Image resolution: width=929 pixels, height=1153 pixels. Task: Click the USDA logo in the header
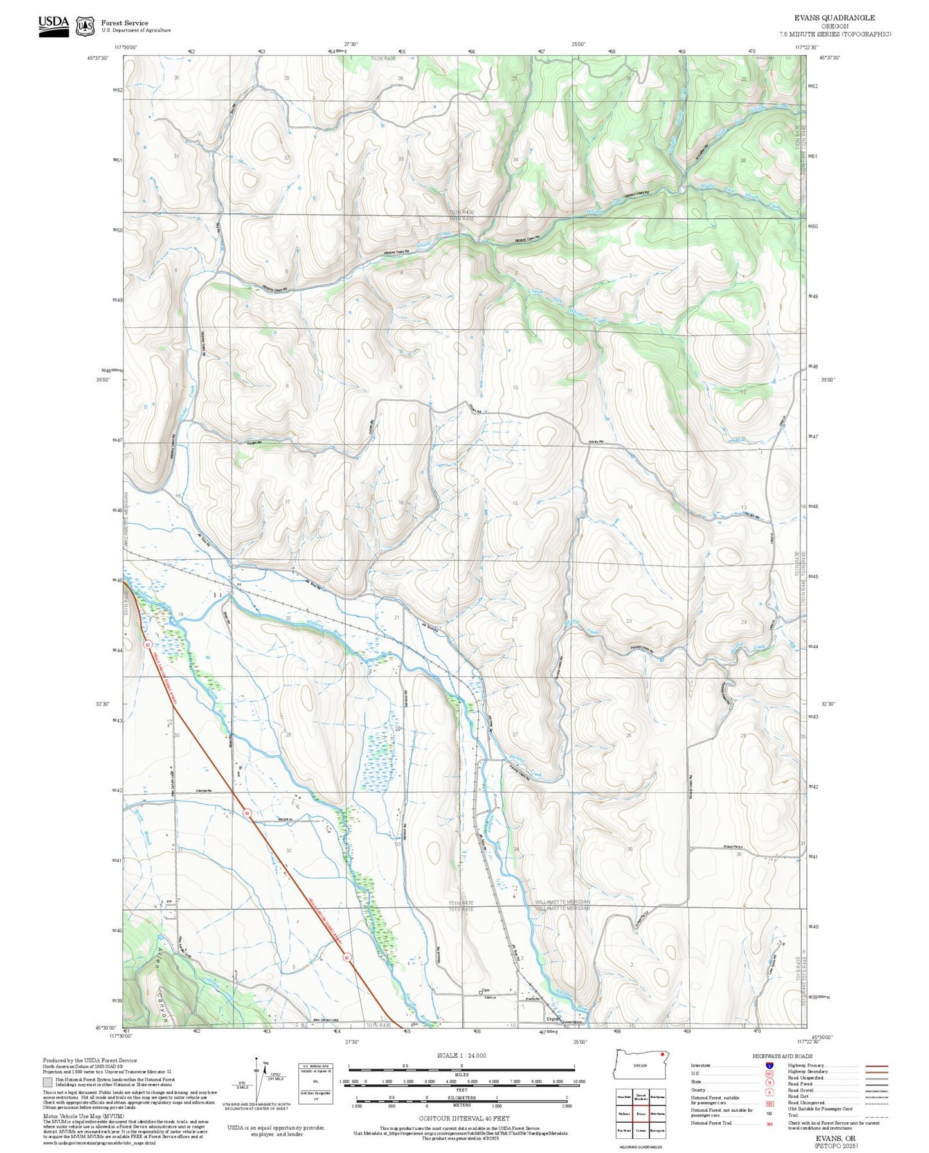pos(53,25)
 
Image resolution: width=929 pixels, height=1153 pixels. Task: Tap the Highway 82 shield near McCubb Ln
pos(247,814)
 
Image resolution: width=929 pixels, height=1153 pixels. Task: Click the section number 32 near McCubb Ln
pos(289,850)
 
